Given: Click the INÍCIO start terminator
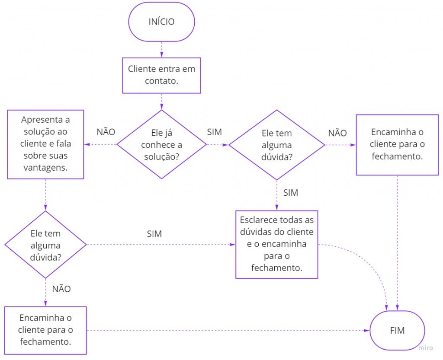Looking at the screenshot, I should pyautogui.click(x=161, y=22).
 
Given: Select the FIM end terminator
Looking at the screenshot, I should pyautogui.click(x=397, y=331).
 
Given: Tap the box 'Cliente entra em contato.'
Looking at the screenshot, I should pyautogui.click(x=161, y=75).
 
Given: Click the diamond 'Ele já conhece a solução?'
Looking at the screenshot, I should pyautogui.click(x=161, y=144).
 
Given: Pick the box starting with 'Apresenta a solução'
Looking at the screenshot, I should pyautogui.click(x=46, y=144).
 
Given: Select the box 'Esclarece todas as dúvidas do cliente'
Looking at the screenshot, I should pyautogui.click(x=277, y=244).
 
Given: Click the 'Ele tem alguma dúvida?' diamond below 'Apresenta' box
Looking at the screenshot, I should pyautogui.click(x=46, y=245).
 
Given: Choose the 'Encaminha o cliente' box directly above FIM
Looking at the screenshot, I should pyautogui.click(x=397, y=144).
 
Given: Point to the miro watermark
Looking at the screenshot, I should pyautogui.click(x=426, y=347).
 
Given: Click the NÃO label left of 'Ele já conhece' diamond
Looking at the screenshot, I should pyautogui.click(x=106, y=132).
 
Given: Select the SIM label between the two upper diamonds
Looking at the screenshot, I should pyautogui.click(x=214, y=132).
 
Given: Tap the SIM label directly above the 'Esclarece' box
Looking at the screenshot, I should pyautogui.click(x=291, y=193).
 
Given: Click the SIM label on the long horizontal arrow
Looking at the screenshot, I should pyautogui.click(x=154, y=234).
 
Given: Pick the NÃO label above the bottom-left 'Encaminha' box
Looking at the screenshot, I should pyautogui.click(x=61, y=289).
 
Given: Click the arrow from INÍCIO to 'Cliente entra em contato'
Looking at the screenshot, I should pyautogui.click(x=161, y=50).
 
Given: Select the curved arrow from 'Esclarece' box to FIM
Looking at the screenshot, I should pyautogui.click(x=372, y=264).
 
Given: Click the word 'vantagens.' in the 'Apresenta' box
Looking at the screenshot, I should pyautogui.click(x=46, y=168).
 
